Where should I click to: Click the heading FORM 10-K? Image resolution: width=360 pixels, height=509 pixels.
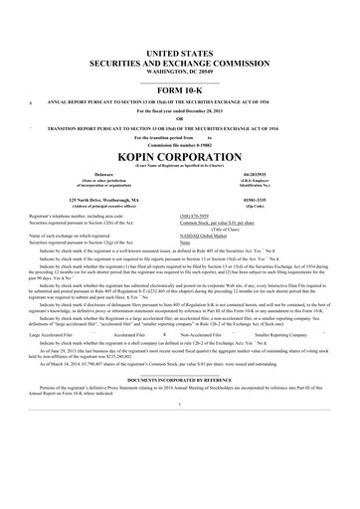click(179, 91)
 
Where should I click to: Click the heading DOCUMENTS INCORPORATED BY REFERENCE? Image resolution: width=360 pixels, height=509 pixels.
click(179, 379)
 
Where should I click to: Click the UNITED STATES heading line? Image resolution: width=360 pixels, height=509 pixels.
click(179, 51)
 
